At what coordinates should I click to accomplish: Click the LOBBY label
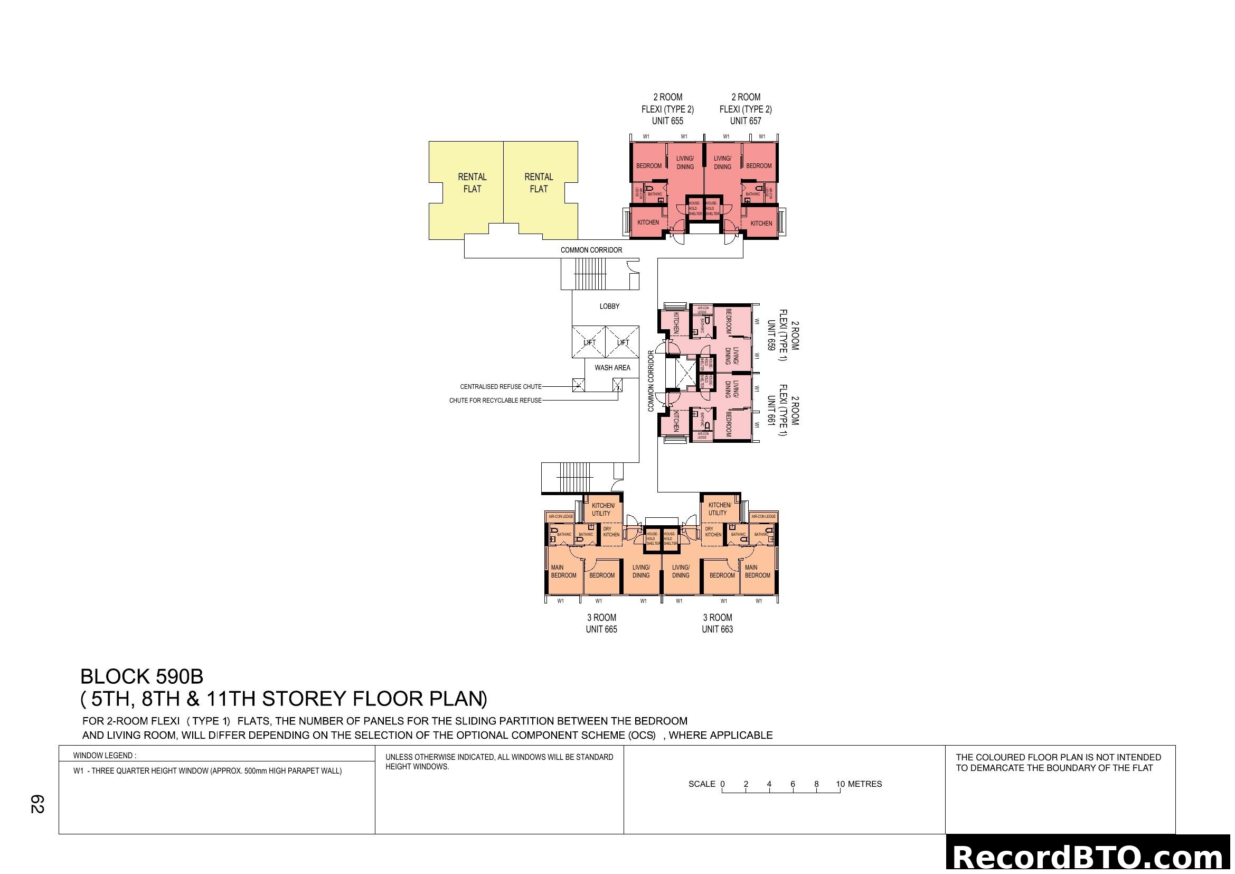[x=609, y=306]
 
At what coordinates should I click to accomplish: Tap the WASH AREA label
[x=612, y=368]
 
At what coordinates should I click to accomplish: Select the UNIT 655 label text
[x=667, y=121]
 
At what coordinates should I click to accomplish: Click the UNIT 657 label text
[x=746, y=121]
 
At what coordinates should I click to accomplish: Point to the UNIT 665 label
[x=601, y=629]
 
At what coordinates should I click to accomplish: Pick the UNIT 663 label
[x=717, y=629]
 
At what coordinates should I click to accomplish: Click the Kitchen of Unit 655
[x=648, y=222]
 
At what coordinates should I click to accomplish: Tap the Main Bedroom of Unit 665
[x=563, y=572]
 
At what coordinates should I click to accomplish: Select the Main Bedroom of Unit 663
[x=757, y=572]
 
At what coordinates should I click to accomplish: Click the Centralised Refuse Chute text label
[x=500, y=386]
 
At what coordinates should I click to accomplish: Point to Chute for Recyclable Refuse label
[x=495, y=401]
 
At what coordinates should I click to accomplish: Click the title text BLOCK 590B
[x=142, y=676]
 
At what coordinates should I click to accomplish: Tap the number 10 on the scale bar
[x=840, y=784]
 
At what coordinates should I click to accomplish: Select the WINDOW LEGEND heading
[x=105, y=756]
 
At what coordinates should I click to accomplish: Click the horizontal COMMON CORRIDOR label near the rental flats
[x=591, y=250]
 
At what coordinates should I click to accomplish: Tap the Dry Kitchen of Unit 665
[x=611, y=532]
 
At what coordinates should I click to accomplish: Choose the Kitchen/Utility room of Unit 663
[x=719, y=509]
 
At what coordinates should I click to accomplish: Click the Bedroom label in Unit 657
[x=758, y=166]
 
